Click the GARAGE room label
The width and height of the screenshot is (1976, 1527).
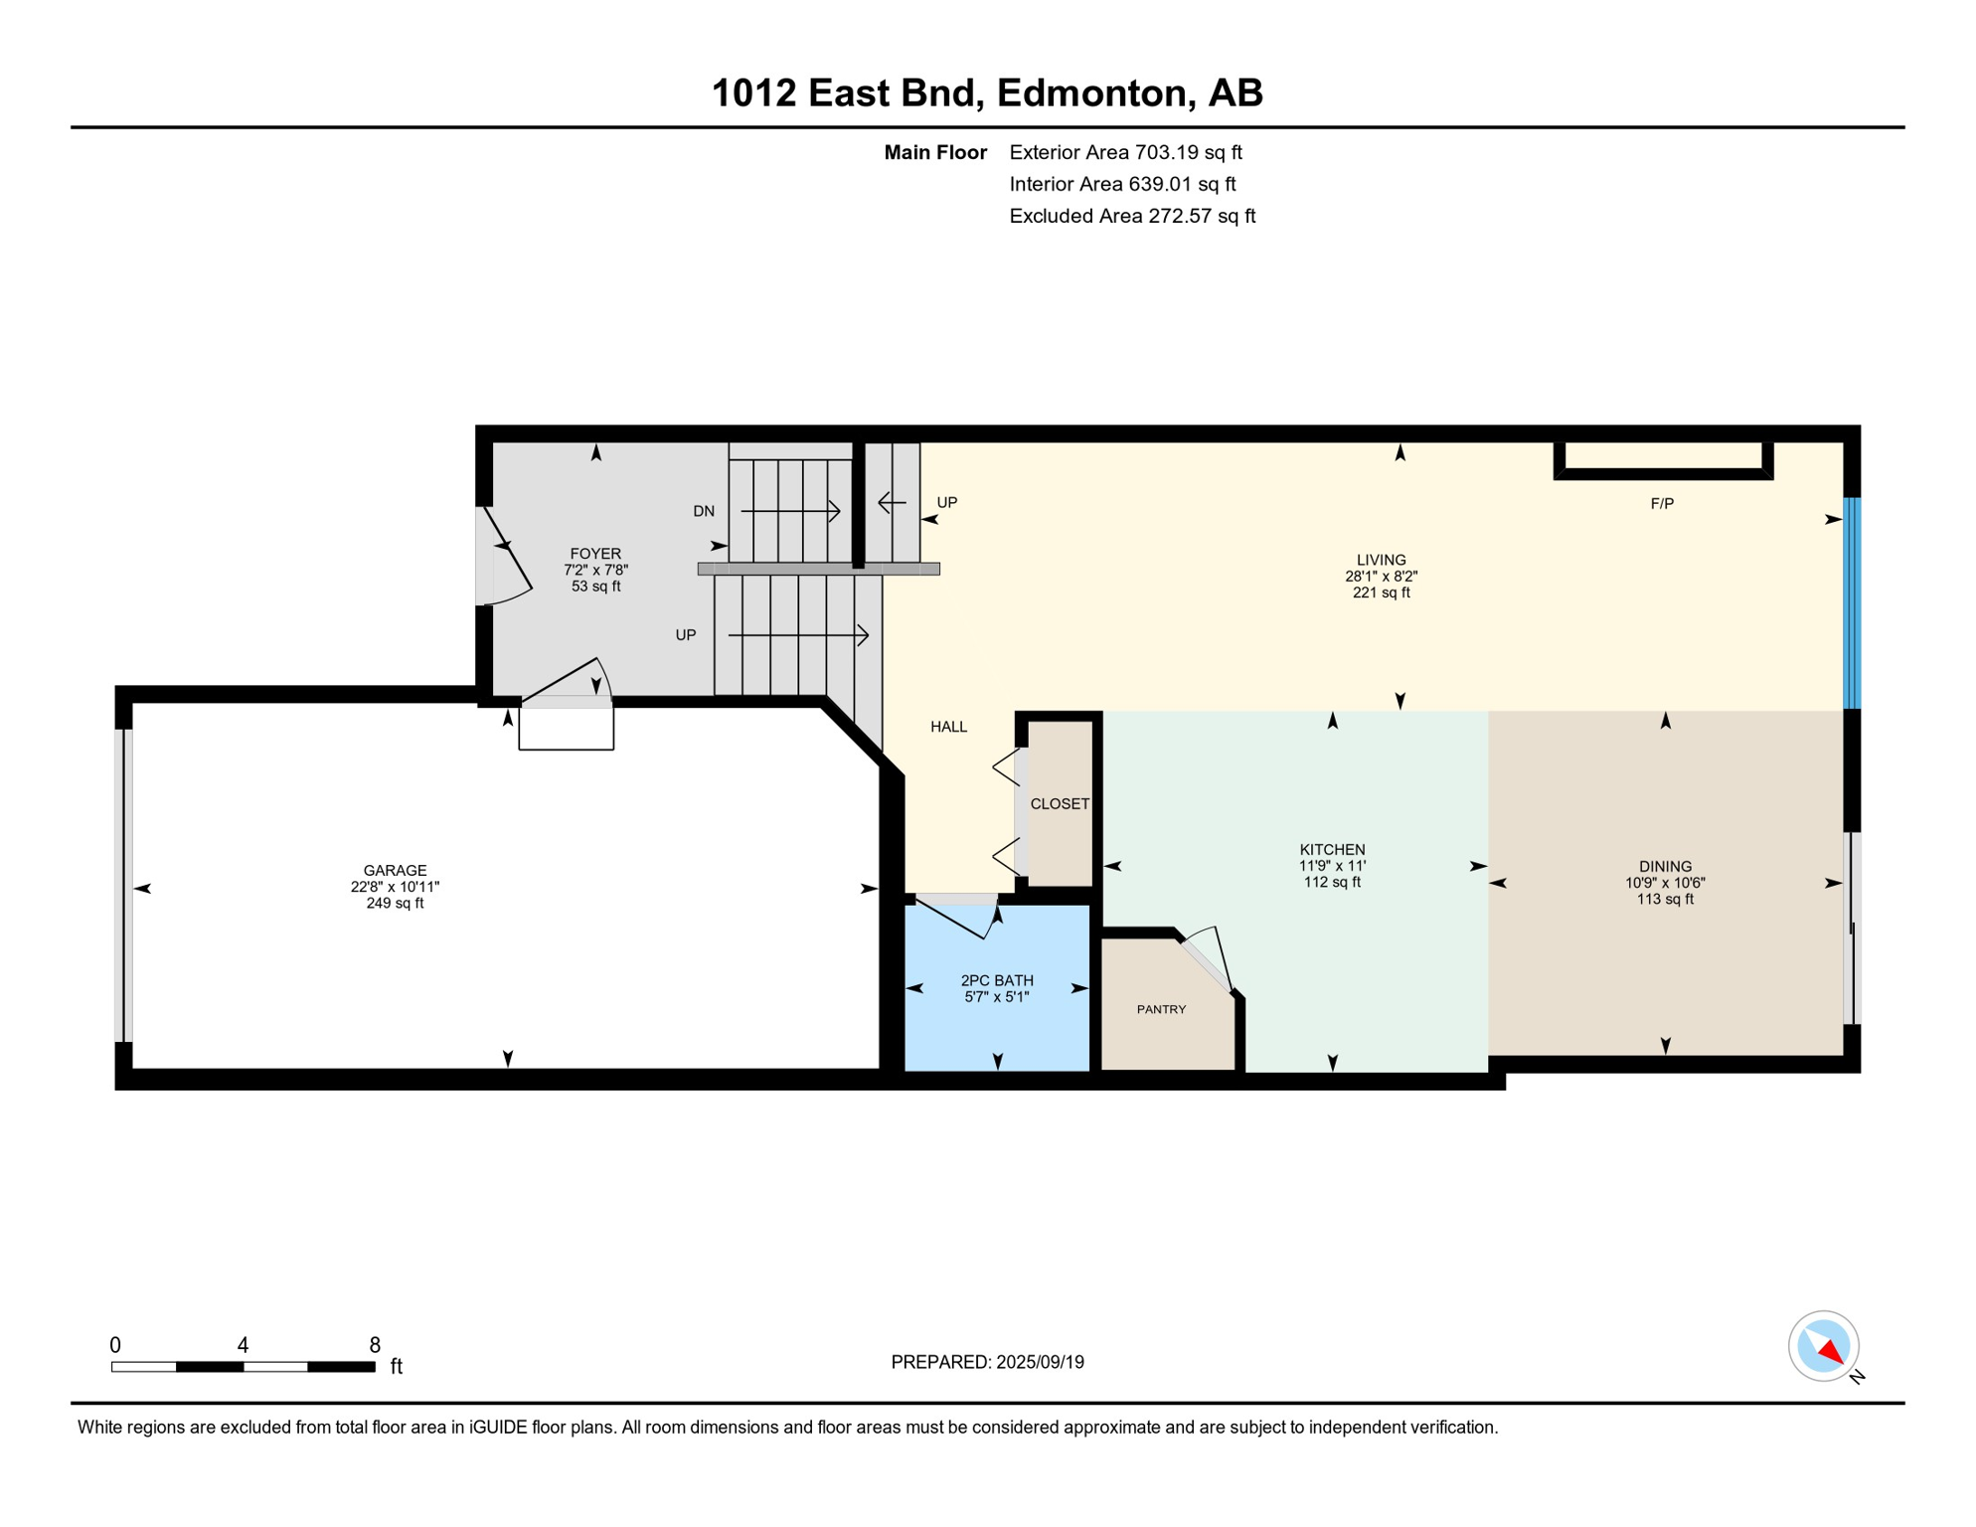point(395,871)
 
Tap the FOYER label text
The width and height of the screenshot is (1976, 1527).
point(595,554)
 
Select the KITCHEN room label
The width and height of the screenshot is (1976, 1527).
point(1332,849)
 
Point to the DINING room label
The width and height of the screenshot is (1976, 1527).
point(1665,866)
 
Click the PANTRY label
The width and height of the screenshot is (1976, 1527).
point(1161,1009)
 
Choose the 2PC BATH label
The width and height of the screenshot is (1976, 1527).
point(997,980)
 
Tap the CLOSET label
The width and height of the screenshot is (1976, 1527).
point(1060,803)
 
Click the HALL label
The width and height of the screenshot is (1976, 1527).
point(948,727)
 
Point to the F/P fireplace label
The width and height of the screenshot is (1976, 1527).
point(1662,503)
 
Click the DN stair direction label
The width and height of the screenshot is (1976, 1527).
point(704,511)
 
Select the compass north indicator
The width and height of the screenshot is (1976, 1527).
point(1824,1346)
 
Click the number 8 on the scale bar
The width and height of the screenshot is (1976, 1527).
point(375,1345)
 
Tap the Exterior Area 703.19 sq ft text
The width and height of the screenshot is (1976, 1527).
point(1125,152)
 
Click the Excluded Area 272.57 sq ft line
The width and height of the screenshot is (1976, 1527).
point(1132,216)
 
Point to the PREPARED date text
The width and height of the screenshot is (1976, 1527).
point(987,1362)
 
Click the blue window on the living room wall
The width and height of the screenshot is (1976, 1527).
point(1852,603)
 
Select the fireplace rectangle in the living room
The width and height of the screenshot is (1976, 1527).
point(1663,460)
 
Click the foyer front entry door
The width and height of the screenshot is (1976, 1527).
point(504,556)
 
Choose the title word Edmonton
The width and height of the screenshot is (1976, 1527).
point(1092,92)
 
